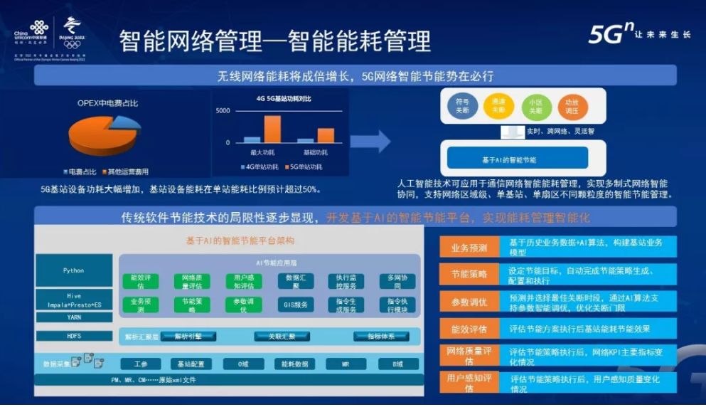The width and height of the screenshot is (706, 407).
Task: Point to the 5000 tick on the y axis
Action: (x=223, y=111)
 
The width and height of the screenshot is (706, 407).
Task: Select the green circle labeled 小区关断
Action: (x=535, y=107)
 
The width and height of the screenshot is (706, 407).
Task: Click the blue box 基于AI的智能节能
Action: (x=514, y=159)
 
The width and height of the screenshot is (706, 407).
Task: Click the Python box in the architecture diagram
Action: (x=73, y=270)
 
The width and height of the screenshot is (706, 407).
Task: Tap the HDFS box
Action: (x=73, y=334)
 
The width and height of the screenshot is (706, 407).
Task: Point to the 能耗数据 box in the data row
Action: (x=294, y=364)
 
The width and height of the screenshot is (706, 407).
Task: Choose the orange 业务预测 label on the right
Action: (x=469, y=248)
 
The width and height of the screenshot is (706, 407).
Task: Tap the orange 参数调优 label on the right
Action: (x=469, y=302)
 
